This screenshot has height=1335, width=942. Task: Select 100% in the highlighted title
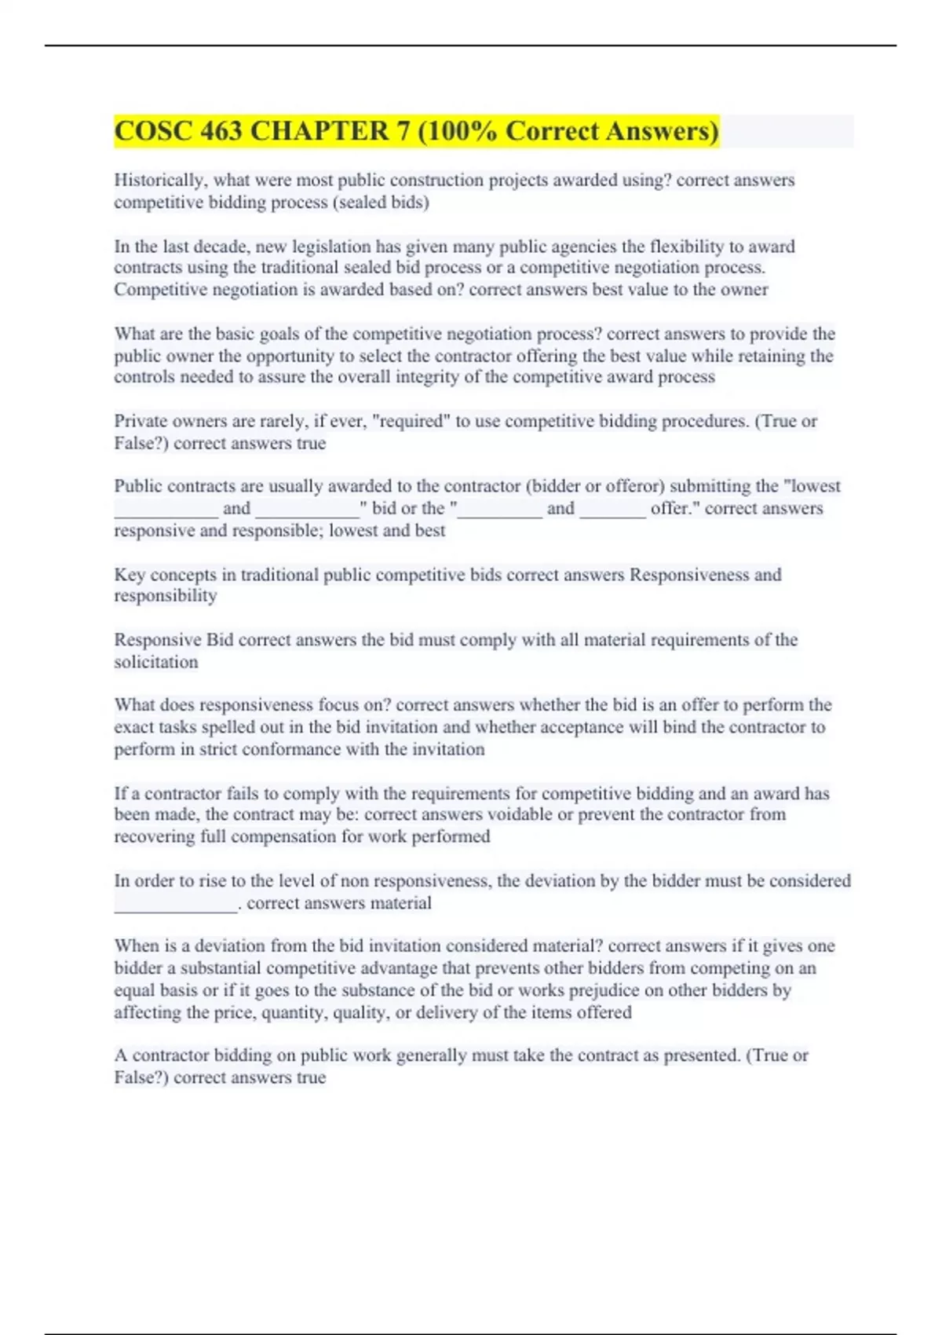(462, 131)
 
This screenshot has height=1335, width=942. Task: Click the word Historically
(159, 181)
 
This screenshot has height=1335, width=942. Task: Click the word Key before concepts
(130, 575)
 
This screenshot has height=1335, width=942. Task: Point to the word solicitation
(156, 662)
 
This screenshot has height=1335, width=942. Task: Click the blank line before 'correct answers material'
(176, 904)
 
